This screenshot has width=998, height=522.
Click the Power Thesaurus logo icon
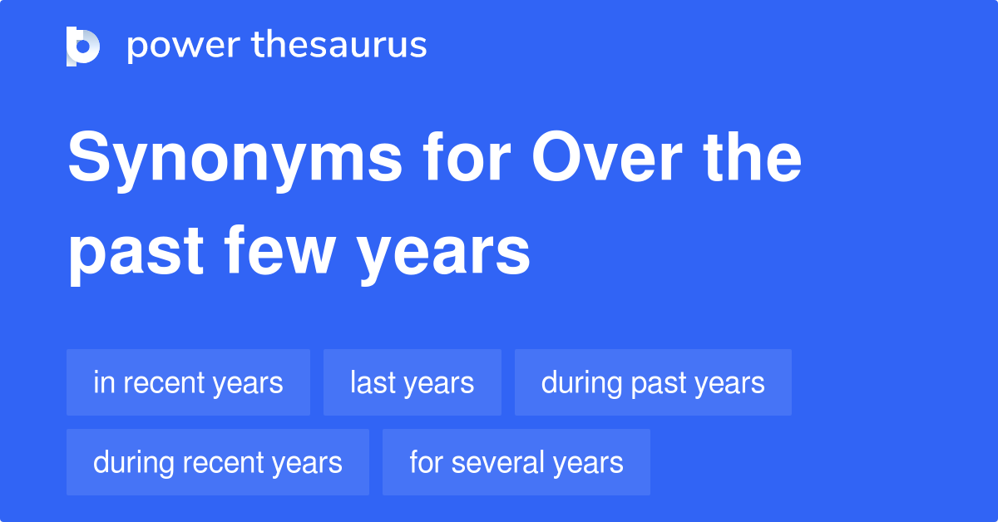pyautogui.click(x=83, y=46)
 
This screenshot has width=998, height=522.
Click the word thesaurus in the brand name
pyautogui.click(x=339, y=46)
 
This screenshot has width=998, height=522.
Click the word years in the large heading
pyautogui.click(x=445, y=254)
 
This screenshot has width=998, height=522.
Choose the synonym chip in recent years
pyautogui.click(x=188, y=383)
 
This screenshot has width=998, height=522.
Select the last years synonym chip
pyautogui.click(x=412, y=383)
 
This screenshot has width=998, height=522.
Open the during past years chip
pyautogui.click(x=653, y=383)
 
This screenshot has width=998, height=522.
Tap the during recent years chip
pyautogui.click(x=217, y=463)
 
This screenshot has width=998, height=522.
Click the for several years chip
pyautogui.click(x=516, y=463)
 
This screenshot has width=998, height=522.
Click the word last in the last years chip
pyautogui.click(x=371, y=383)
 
